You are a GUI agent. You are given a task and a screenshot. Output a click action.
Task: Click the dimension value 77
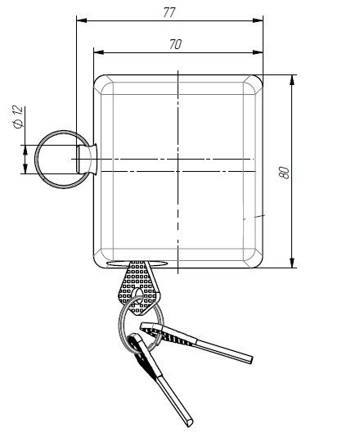(x=169, y=12)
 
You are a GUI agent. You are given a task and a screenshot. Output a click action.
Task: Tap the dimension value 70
(x=175, y=44)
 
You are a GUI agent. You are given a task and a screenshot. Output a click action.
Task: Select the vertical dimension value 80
(x=285, y=173)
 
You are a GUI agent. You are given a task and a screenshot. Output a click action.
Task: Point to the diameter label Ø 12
(x=18, y=118)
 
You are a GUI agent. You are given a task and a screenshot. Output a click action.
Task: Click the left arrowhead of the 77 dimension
(x=82, y=20)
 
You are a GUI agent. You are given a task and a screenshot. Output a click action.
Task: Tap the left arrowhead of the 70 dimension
(x=99, y=52)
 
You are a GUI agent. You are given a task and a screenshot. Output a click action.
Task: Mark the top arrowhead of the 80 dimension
(x=292, y=80)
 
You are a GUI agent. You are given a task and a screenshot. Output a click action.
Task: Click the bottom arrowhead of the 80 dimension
(x=292, y=263)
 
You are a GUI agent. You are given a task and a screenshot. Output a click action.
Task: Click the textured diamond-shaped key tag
(x=139, y=286)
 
